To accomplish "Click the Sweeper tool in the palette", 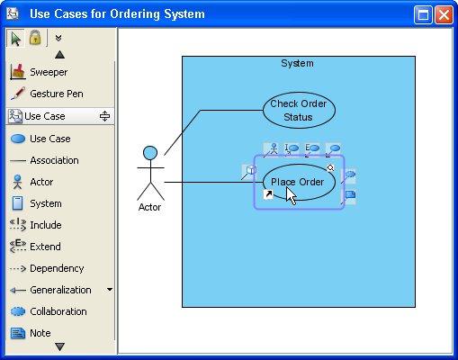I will (x=47, y=72).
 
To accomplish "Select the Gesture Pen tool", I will (x=56, y=94).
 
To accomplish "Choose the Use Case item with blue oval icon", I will (x=49, y=139).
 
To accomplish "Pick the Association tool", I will (x=53, y=160).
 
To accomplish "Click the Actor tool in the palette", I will (x=40, y=182).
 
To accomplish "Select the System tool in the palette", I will (x=45, y=203).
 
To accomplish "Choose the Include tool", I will (x=45, y=225).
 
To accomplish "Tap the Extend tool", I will (x=45, y=247).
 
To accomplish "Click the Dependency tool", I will (x=56, y=268).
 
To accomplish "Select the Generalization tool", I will (x=59, y=290).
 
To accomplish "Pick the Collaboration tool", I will (x=58, y=311).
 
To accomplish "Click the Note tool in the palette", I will (x=40, y=333).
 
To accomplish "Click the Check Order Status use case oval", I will (x=298, y=111).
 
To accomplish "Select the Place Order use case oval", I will (x=298, y=182).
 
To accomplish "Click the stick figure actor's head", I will (x=150, y=153).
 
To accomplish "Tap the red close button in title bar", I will (x=444, y=14).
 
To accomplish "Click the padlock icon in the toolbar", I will (x=35, y=38).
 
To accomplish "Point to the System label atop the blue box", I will (x=297, y=64).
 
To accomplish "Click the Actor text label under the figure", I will (x=149, y=207).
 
